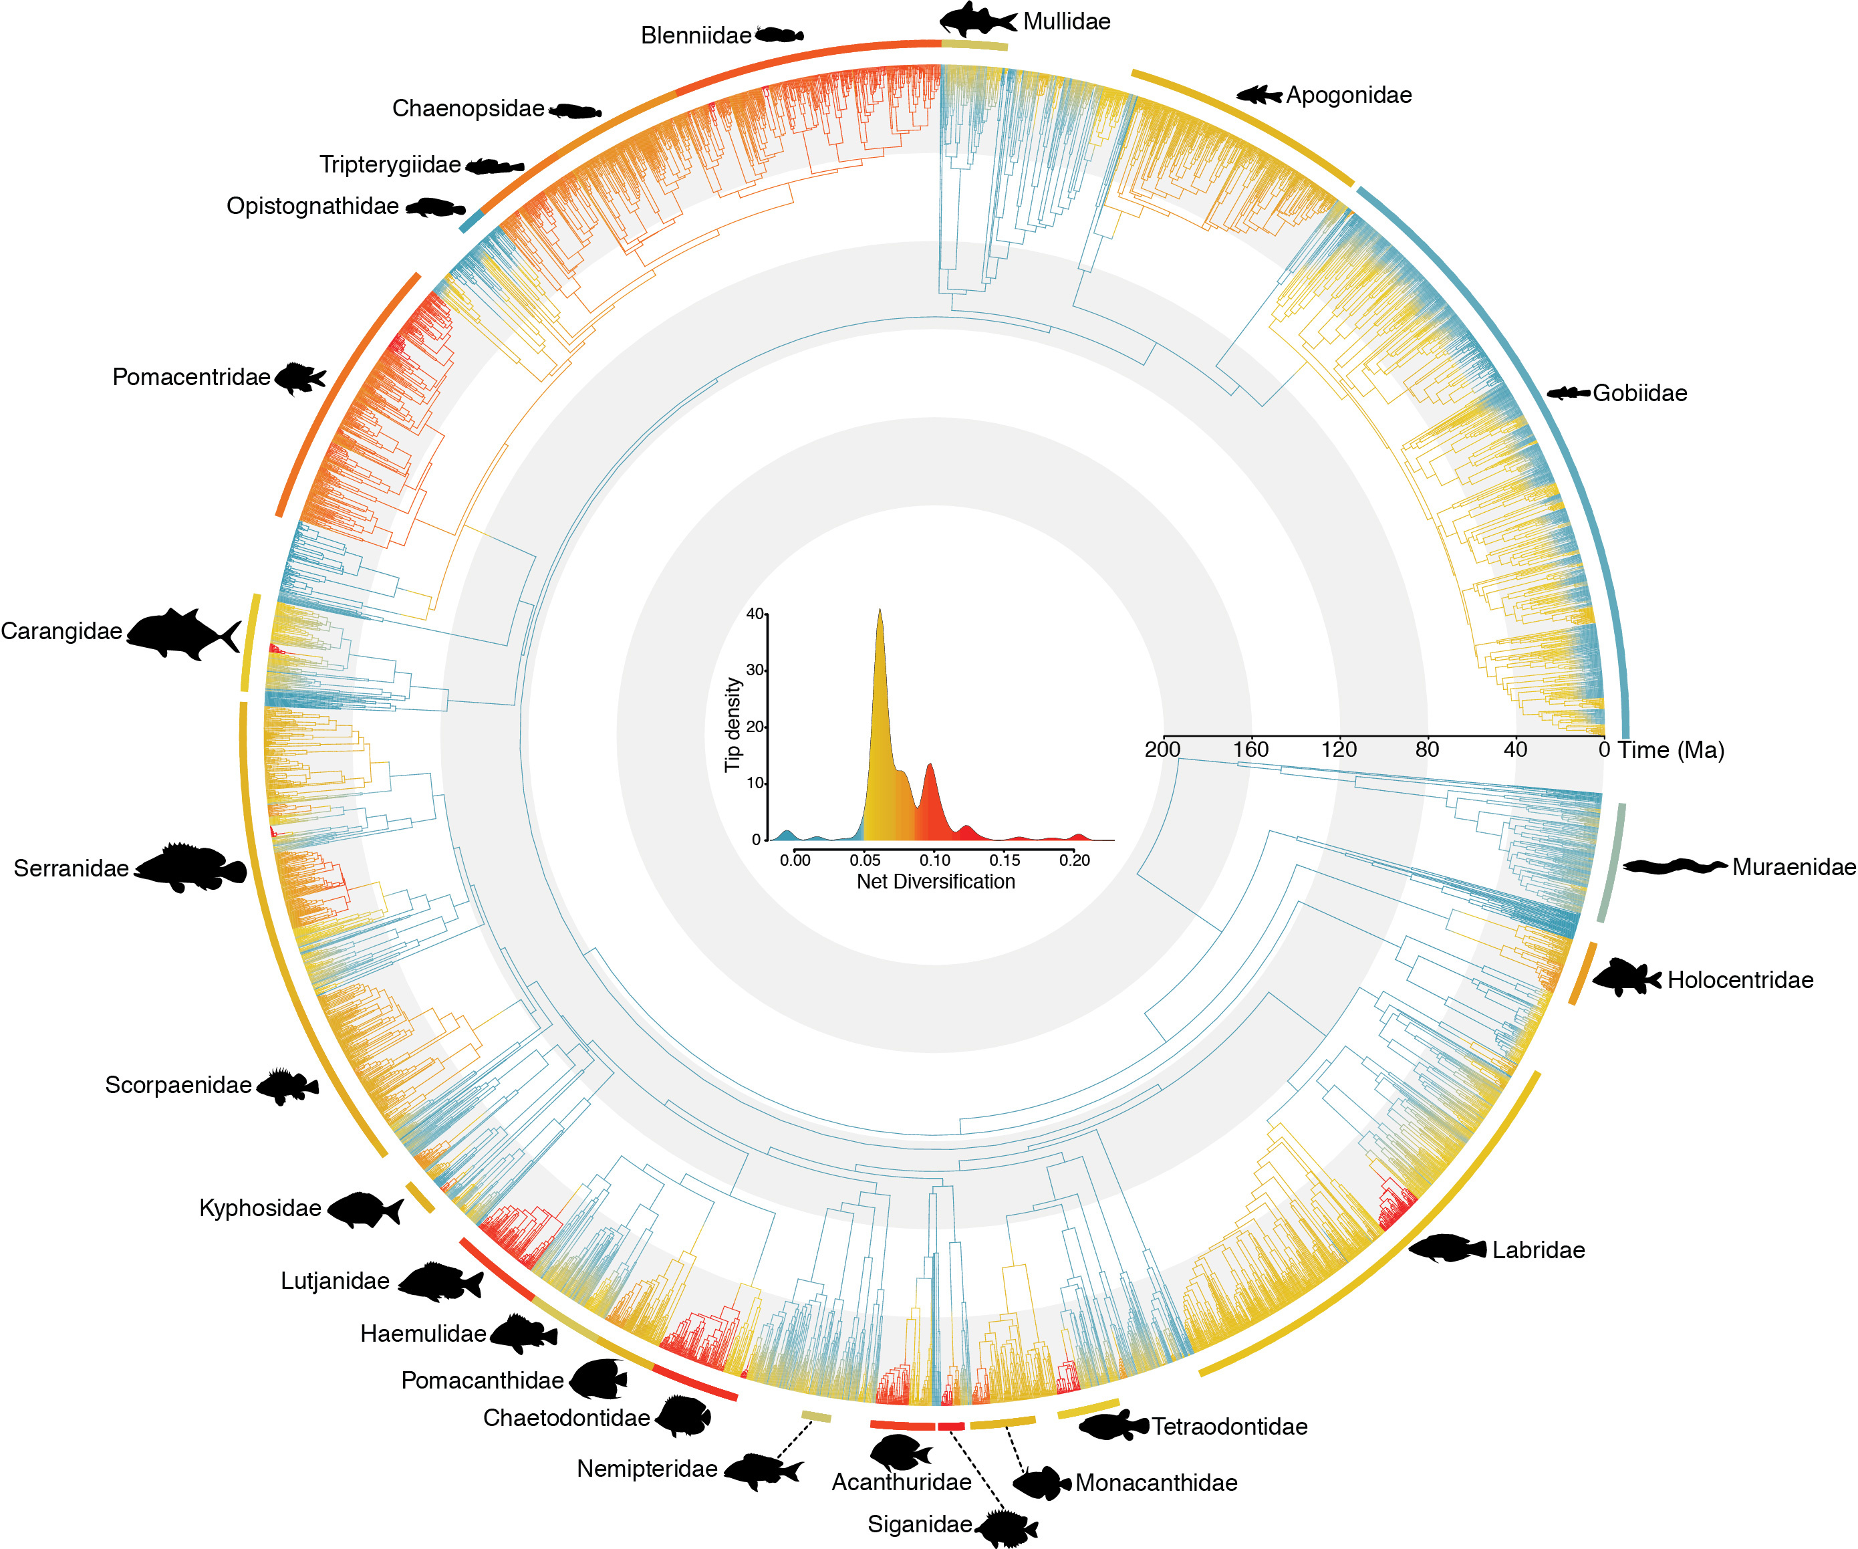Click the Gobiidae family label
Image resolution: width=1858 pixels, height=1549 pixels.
coord(1639,393)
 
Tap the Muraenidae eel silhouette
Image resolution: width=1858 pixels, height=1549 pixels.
coord(1674,866)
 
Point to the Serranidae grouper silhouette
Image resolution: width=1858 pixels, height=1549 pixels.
coord(190,868)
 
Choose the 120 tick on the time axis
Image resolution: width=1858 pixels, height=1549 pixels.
coord(1339,749)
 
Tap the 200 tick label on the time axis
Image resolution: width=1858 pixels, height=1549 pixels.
coord(1162,749)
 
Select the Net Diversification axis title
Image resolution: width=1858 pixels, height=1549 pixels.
coord(935,882)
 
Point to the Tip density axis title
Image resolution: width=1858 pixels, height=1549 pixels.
coord(733,724)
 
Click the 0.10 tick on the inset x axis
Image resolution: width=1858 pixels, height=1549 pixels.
coord(934,860)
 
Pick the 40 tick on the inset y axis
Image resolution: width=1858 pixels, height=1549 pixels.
coord(755,614)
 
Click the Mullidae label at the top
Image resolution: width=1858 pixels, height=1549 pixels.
coord(1066,21)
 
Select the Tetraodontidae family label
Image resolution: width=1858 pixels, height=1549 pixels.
coord(1229,1426)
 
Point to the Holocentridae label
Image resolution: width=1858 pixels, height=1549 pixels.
coord(1740,980)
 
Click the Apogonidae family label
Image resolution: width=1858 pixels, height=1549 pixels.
coord(1348,95)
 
